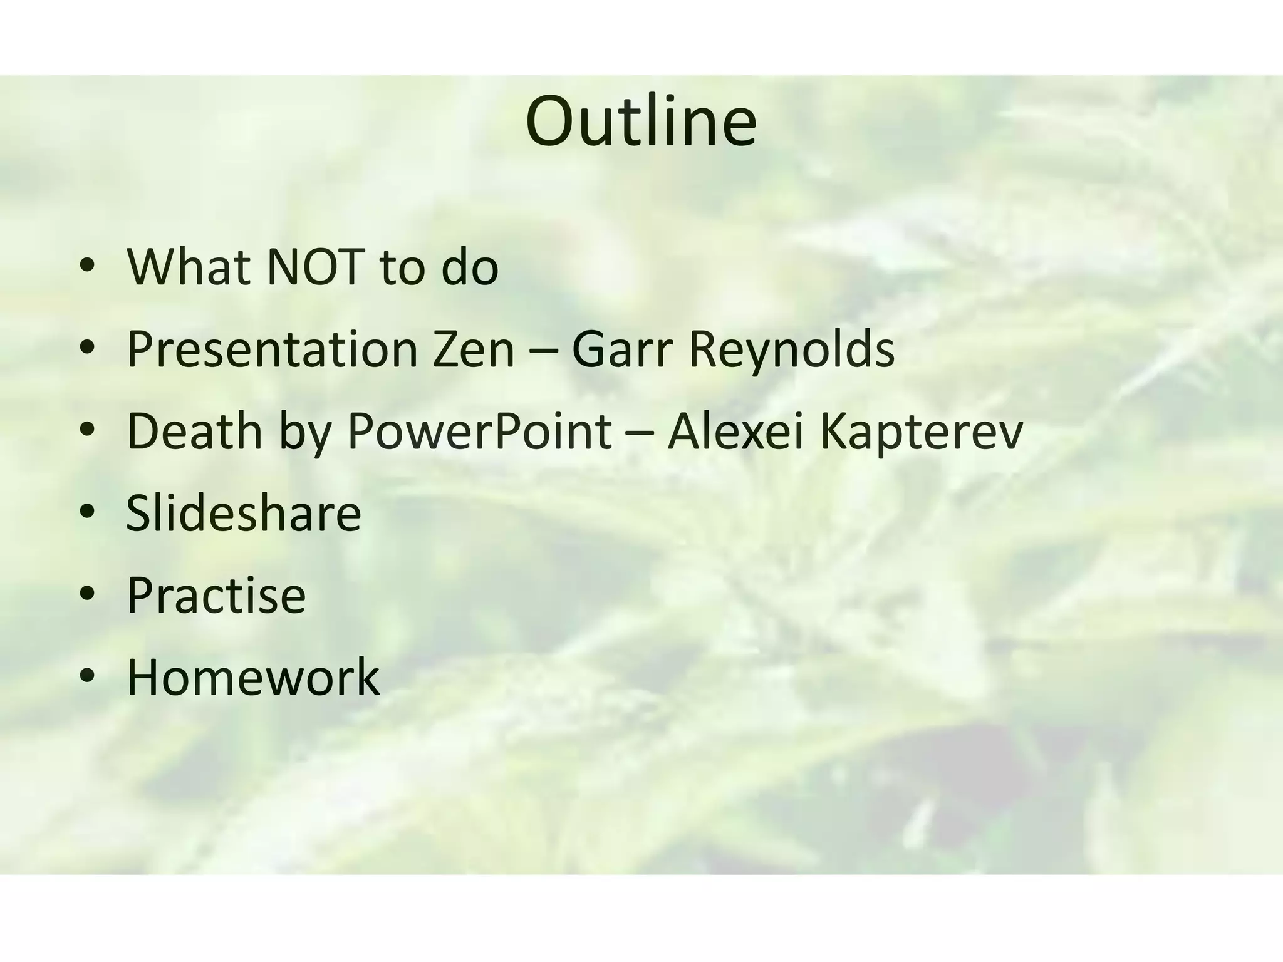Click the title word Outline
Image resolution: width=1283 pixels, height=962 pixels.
click(641, 122)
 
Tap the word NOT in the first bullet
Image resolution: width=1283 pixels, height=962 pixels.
click(315, 267)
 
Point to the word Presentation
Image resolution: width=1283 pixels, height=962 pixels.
click(272, 349)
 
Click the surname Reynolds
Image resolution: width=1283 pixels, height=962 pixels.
click(791, 349)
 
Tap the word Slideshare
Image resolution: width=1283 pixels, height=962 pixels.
click(244, 513)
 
